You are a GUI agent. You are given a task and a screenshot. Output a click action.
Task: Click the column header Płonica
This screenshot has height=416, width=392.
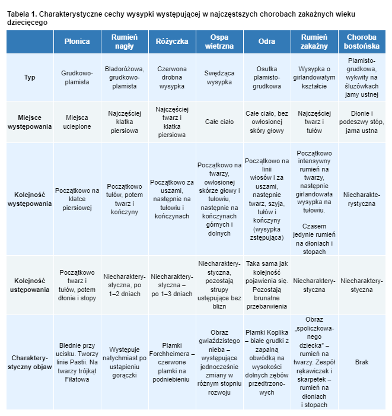[x=77, y=42]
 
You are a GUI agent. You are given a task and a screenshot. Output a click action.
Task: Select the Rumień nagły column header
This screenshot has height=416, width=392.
[x=125, y=42]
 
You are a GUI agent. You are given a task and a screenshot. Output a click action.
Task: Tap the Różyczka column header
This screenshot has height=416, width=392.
[x=172, y=42]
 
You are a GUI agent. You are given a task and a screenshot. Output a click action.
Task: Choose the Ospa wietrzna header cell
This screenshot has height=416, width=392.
[x=219, y=42]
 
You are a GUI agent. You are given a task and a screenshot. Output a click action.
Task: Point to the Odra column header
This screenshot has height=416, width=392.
[x=267, y=42]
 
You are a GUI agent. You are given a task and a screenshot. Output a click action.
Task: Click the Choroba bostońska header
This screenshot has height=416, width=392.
[x=361, y=42]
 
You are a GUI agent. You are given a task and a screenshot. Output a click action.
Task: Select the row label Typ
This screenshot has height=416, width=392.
[x=30, y=78]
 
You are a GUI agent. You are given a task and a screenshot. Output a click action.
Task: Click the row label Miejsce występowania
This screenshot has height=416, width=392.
[x=30, y=122]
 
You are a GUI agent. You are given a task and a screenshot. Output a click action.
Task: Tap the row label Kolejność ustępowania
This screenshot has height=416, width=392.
[x=30, y=285]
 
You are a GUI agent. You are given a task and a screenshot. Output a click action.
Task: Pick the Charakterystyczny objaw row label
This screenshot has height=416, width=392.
[x=30, y=363]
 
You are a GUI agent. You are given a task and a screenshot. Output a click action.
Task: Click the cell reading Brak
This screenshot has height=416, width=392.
[x=361, y=362]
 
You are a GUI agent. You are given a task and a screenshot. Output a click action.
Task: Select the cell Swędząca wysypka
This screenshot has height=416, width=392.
[x=219, y=78]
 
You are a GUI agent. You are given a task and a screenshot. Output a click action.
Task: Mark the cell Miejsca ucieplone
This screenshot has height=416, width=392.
[x=77, y=122]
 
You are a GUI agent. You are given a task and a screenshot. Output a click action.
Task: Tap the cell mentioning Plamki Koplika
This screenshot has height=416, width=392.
[x=267, y=362]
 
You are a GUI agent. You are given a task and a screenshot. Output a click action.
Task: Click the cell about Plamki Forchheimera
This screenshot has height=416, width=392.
[x=172, y=362]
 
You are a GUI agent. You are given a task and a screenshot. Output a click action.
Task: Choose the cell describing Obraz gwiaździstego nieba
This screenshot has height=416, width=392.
[x=219, y=362]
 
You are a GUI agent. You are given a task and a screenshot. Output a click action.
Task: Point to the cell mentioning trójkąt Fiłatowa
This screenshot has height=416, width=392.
[x=77, y=362]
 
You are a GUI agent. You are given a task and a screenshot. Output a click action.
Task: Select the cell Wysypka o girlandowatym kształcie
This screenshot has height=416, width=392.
[x=314, y=78]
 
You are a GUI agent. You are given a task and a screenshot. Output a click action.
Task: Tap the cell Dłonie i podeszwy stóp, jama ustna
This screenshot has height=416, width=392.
[x=361, y=122]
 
